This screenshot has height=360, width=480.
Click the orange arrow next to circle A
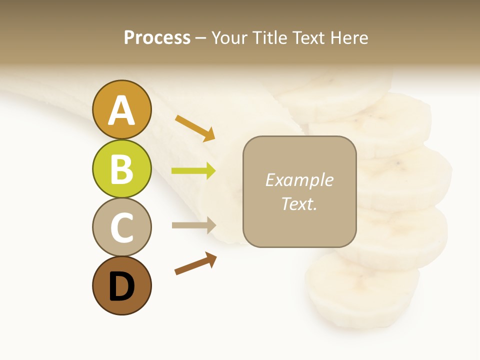[x=195, y=127]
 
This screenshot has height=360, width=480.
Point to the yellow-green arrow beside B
[x=193, y=171]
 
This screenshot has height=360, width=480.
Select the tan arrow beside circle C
[x=193, y=225]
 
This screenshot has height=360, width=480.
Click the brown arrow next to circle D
[x=195, y=263]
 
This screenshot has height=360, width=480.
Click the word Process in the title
[x=157, y=37]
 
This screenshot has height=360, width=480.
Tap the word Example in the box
[x=299, y=180]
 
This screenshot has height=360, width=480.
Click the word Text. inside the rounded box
[x=299, y=203]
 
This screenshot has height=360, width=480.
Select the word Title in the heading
[x=270, y=37]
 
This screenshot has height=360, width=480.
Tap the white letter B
[x=121, y=169]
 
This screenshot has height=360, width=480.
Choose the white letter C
[x=121, y=227]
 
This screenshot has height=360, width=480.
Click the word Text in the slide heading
[x=309, y=37]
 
